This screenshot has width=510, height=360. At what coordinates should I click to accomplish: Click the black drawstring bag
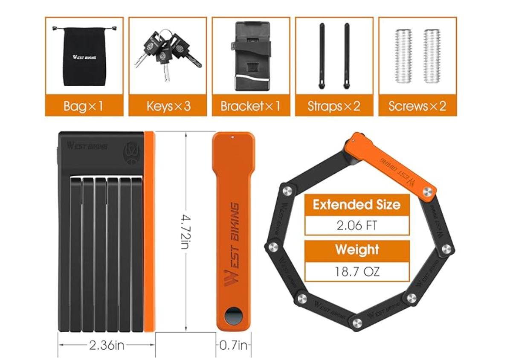(x=84, y=57)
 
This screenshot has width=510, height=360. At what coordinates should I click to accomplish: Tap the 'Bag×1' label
(x=83, y=106)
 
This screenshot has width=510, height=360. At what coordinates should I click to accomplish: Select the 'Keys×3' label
(x=168, y=106)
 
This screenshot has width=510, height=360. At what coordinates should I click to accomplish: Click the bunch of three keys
(x=167, y=54)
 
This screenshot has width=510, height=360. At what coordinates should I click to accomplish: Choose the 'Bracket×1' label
(x=250, y=106)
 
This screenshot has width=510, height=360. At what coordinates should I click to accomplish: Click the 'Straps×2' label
(x=334, y=106)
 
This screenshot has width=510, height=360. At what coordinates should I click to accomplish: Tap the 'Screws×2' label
(x=417, y=106)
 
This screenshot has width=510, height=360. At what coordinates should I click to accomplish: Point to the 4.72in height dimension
(x=185, y=232)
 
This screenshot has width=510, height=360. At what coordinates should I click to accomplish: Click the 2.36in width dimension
(x=107, y=345)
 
